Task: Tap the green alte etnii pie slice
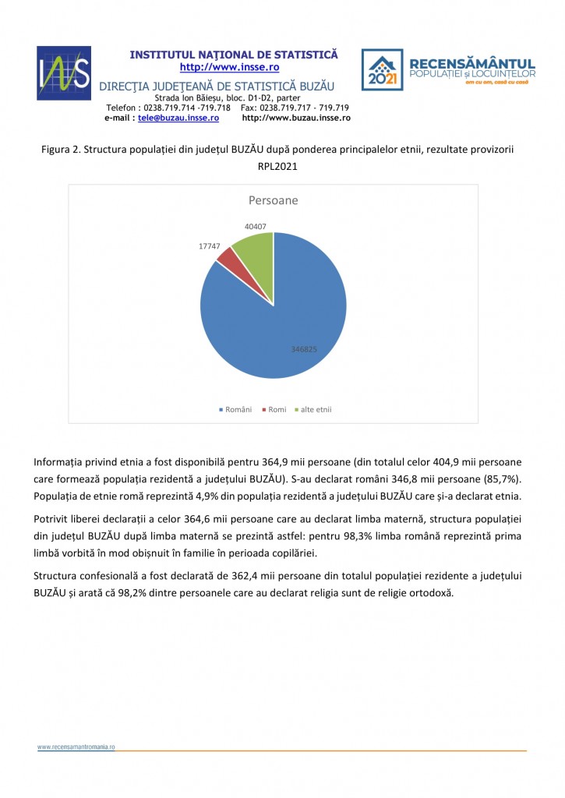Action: [254, 249]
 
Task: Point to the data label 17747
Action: [210, 245]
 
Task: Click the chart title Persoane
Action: [273, 201]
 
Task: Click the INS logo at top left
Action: [64, 73]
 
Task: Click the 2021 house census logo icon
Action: [382, 70]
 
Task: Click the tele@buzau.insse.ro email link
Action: [178, 118]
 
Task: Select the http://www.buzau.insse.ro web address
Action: [296, 118]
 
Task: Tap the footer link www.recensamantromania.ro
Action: [76, 747]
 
